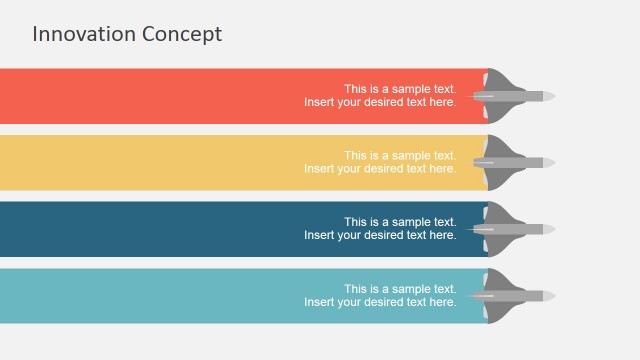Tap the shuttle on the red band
click(x=515, y=96)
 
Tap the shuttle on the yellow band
click(x=515, y=162)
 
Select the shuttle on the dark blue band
click(x=515, y=229)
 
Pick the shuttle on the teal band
click(x=515, y=296)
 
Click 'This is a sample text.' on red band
click(x=400, y=88)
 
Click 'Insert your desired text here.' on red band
click(x=380, y=102)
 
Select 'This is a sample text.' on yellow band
click(x=400, y=155)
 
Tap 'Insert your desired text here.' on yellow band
click(x=380, y=169)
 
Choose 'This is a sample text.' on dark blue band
click(x=400, y=222)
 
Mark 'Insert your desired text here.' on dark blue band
click(x=380, y=235)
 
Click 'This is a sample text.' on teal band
click(x=400, y=289)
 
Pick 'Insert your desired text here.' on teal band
click(x=380, y=302)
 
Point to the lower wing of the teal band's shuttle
click(x=501, y=312)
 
